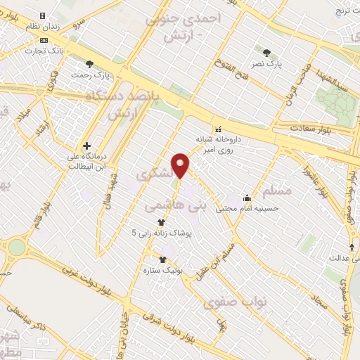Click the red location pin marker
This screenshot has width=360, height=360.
[x=181, y=165]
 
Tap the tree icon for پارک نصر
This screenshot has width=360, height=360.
[x=266, y=52]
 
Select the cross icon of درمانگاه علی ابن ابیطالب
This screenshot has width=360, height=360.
[x=86, y=146]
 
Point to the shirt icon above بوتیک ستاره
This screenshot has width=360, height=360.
[x=162, y=259]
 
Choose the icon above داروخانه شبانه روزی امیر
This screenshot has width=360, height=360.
[x=218, y=129]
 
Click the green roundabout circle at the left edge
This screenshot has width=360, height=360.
[x=15, y=247]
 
